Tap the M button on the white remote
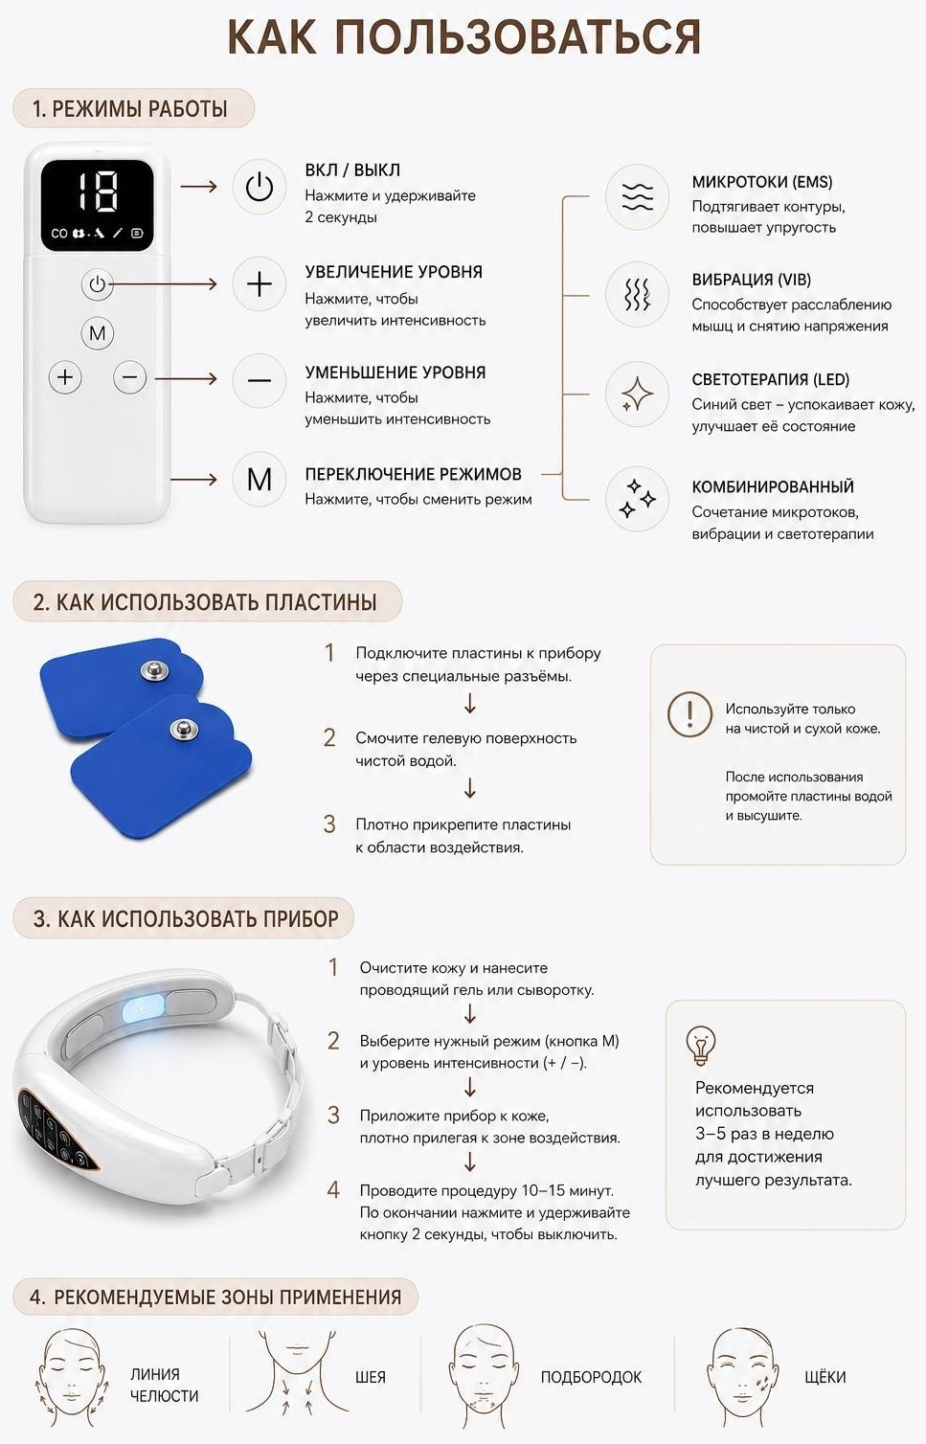(x=98, y=333)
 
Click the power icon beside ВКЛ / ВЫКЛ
(x=260, y=187)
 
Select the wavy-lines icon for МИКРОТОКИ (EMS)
(x=637, y=196)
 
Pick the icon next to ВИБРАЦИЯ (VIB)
(x=637, y=295)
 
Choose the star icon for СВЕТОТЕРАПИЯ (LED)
(x=637, y=394)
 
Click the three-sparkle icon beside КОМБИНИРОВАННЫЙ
(x=637, y=498)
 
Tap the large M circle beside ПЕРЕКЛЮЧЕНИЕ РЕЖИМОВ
(x=260, y=480)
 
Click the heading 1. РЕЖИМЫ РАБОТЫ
(x=130, y=108)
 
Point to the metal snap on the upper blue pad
(x=155, y=671)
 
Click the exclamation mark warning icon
(x=690, y=714)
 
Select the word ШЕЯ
(x=371, y=1377)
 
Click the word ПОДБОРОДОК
(x=591, y=1377)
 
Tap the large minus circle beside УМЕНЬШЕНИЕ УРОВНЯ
(x=260, y=380)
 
